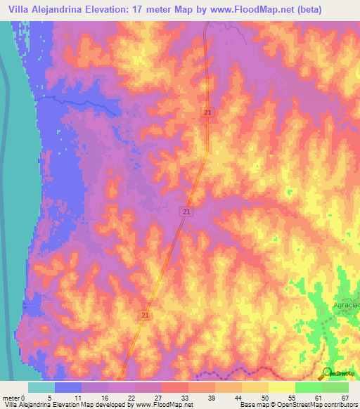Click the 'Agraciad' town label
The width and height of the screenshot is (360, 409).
[x=345, y=306]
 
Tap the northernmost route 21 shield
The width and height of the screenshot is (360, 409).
[x=209, y=112]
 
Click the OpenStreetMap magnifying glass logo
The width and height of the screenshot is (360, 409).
[x=327, y=373]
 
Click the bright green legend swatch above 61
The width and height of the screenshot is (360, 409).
[x=309, y=387]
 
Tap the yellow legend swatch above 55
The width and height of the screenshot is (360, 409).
[x=282, y=387]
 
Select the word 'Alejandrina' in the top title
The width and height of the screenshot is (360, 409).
[x=58, y=8]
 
